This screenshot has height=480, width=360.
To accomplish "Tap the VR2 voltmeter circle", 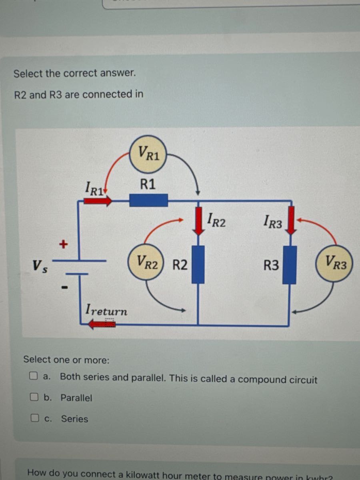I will coord(145,262).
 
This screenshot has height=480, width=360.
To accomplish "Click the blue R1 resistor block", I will coord(148,200).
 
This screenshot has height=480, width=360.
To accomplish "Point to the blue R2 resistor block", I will coord(198,264).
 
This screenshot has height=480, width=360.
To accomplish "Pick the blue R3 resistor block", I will coord(289,265).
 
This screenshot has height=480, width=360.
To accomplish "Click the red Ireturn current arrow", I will coord(102,324).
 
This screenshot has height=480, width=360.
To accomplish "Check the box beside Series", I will coord(35,418).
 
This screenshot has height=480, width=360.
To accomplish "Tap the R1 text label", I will coord(148,184).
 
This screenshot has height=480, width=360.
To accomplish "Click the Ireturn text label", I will coord(106,310).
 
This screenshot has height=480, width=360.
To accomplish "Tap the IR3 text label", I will coord(273,221).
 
